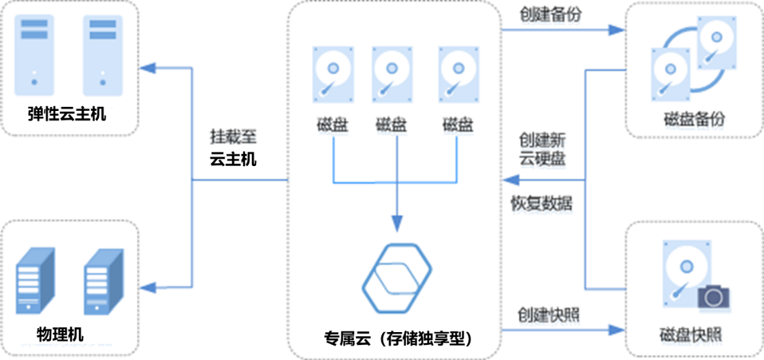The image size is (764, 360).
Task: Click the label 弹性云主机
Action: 67,113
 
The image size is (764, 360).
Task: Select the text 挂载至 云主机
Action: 233,147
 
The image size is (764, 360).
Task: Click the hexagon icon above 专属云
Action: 397,276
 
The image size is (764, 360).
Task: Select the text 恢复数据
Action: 541,203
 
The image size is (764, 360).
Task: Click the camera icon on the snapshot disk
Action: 713,297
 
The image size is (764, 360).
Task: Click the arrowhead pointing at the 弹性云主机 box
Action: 147,67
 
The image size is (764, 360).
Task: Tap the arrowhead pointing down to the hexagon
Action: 397,223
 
